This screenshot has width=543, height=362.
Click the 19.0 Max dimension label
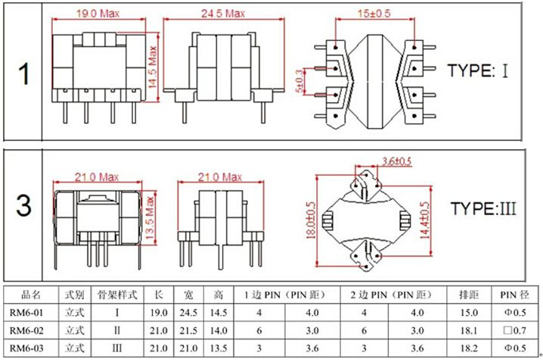(x=98, y=14)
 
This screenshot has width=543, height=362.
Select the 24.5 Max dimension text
(x=223, y=14)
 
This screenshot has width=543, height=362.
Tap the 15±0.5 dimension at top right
(x=374, y=14)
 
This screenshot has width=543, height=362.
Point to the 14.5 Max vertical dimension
(x=153, y=67)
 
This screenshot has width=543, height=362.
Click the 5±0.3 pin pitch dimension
(x=299, y=82)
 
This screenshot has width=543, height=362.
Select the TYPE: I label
(x=478, y=70)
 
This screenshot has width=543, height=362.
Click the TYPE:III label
(x=483, y=209)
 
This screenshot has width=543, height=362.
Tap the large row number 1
(x=23, y=74)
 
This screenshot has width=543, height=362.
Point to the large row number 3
(x=24, y=205)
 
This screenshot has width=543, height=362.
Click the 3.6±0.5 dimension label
(x=396, y=161)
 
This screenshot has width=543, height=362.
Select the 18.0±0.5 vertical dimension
(x=311, y=220)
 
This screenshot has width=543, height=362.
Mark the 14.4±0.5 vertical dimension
(x=425, y=220)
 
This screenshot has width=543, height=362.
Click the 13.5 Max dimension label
(x=150, y=218)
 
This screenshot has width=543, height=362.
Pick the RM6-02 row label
(x=26, y=330)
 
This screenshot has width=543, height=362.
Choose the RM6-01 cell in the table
(x=26, y=313)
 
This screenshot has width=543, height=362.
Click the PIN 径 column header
(x=514, y=295)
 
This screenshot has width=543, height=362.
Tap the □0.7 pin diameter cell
(x=514, y=330)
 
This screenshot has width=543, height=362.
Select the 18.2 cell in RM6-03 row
(x=469, y=348)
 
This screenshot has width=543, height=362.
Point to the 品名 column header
(x=31, y=295)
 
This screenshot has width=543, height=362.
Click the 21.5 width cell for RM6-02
(x=188, y=330)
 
